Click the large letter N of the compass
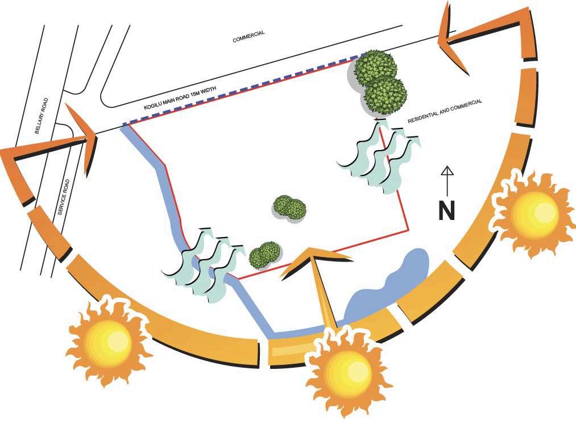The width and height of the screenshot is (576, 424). [447, 210]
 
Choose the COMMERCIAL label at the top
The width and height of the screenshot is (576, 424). [248, 37]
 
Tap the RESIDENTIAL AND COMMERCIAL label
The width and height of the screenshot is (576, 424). [445, 112]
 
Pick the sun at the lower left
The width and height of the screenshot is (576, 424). [108, 342]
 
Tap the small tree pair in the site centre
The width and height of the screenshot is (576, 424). [289, 208]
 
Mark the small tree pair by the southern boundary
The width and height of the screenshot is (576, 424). [265, 254]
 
